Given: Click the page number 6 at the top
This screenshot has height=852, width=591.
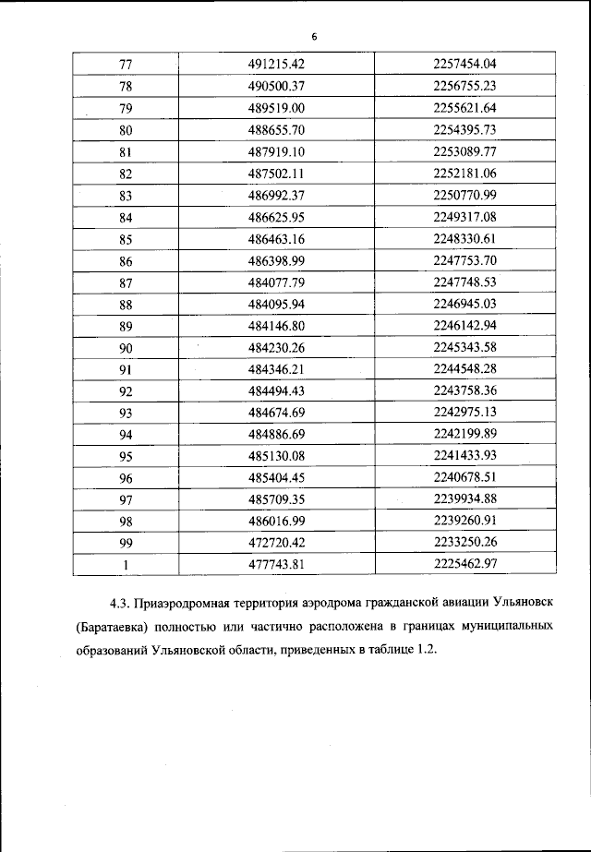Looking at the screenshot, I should (x=314, y=37).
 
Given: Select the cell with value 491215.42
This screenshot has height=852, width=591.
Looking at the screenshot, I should (x=277, y=64).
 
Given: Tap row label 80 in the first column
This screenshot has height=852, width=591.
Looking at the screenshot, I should (x=126, y=130).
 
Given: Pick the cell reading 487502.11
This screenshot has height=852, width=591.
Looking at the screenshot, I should (x=277, y=174).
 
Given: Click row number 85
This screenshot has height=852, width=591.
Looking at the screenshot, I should (x=126, y=238).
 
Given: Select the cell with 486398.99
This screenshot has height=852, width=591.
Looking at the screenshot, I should (x=277, y=261).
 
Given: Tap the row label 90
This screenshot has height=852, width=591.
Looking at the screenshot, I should (x=126, y=348).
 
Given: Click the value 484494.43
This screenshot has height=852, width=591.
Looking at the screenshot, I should (x=277, y=391).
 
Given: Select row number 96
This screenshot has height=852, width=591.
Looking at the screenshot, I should (x=126, y=479).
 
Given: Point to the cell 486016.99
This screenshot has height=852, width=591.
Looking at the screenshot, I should (x=277, y=522).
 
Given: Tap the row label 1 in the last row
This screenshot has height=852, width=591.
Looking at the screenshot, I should (x=126, y=566).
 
